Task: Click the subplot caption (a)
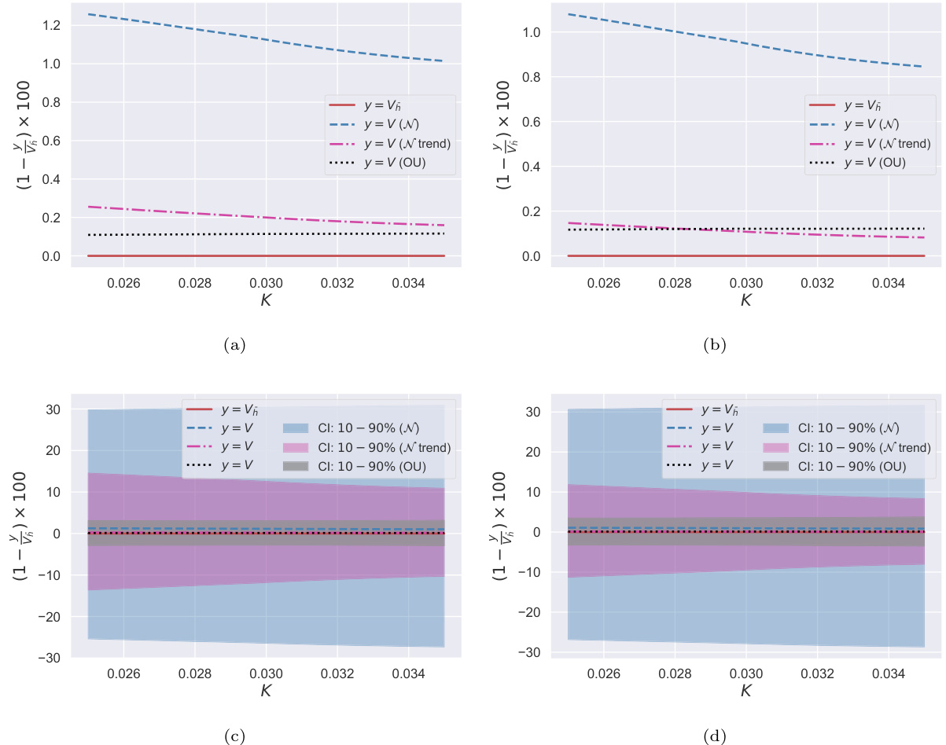click(234, 344)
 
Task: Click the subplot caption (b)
click(714, 344)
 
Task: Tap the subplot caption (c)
click(234, 736)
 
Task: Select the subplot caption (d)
click(714, 736)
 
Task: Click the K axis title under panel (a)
click(266, 299)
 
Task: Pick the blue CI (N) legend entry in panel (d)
click(846, 428)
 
